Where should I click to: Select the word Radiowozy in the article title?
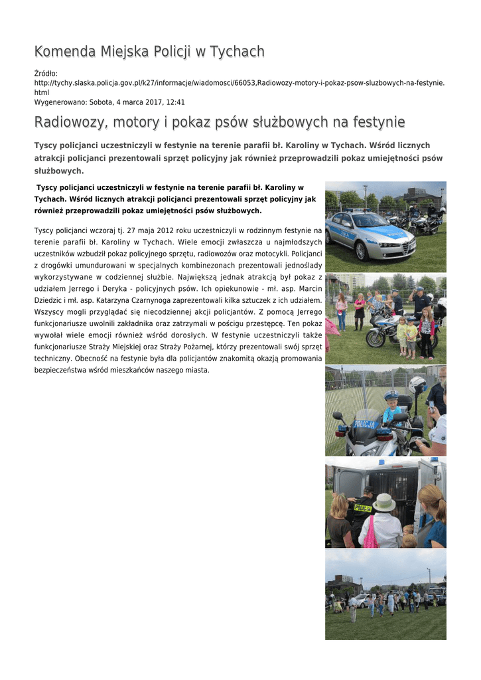click(x=71, y=122)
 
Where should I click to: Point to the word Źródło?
click(x=46, y=73)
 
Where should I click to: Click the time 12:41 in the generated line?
click(x=175, y=102)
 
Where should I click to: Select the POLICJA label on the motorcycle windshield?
click(x=364, y=424)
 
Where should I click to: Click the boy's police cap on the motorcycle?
click(x=391, y=394)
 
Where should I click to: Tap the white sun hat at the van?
click(x=384, y=503)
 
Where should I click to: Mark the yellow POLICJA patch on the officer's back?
click(x=363, y=508)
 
